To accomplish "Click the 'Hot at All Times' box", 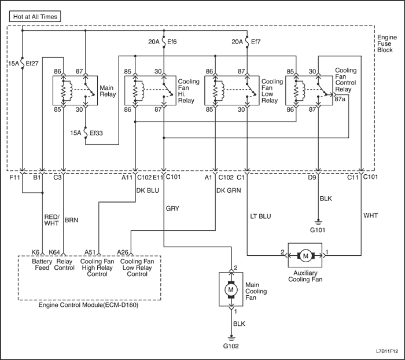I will click(x=35, y=17).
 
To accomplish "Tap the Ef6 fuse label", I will click(x=172, y=42).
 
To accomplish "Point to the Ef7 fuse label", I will click(x=254, y=42).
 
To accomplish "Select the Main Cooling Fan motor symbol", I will click(x=231, y=288).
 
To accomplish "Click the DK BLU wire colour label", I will click(x=147, y=189).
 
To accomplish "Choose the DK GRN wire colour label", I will click(x=229, y=189).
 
